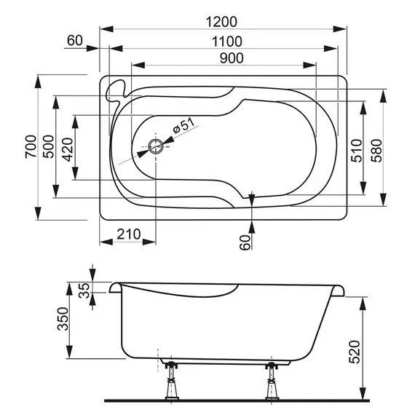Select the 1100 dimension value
[x=223, y=41]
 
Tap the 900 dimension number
[x=223, y=58]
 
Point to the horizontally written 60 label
[x=74, y=41]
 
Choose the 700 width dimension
[x=29, y=148]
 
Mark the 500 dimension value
[x=48, y=148]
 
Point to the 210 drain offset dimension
[x=128, y=235]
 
